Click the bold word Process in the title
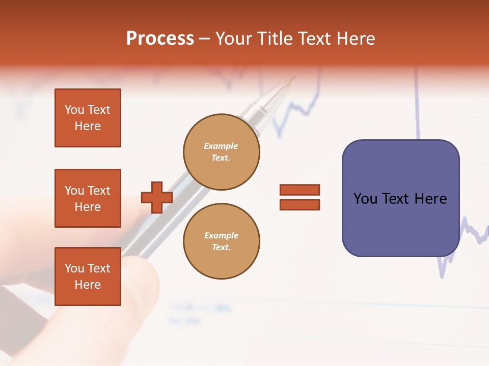pyautogui.click(x=160, y=39)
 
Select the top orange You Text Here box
pyautogui.click(x=88, y=118)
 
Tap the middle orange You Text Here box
pyautogui.click(x=88, y=198)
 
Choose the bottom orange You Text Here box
pyautogui.click(x=88, y=276)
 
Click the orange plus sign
pyautogui.click(x=157, y=197)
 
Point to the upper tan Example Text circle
pyautogui.click(x=221, y=151)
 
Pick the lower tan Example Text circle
pyautogui.click(x=221, y=241)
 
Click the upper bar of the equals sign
pyautogui.click(x=300, y=190)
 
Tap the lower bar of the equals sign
pyautogui.click(x=300, y=204)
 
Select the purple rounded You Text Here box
pyautogui.click(x=400, y=198)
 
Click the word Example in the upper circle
pyautogui.click(x=221, y=146)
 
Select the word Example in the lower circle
pyautogui.click(x=221, y=235)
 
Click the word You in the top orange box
pyautogui.click(x=74, y=110)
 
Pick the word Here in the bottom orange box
pyautogui.click(x=88, y=285)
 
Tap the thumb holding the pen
pyautogui.click(x=138, y=285)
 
